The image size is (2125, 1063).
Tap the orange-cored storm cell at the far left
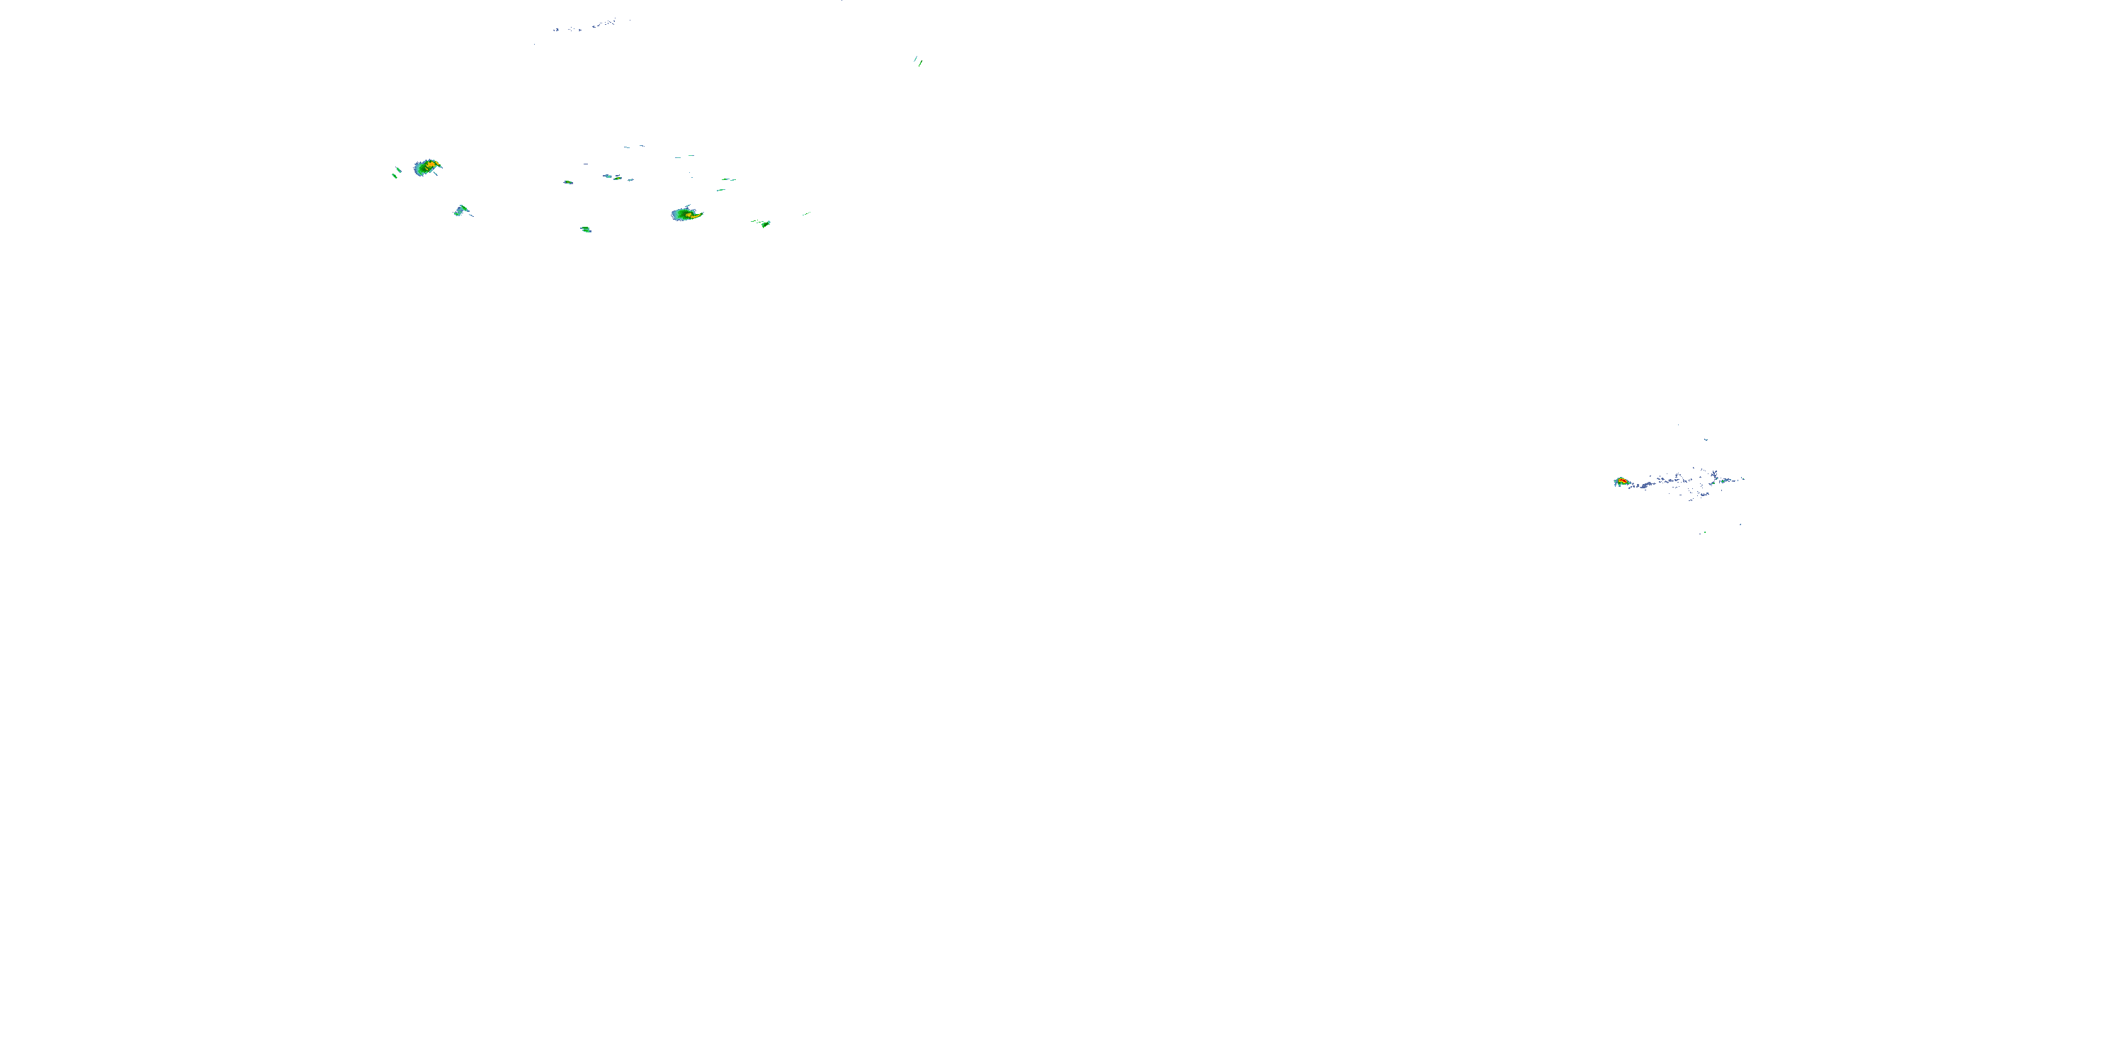[428, 167]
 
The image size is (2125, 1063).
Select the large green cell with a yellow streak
[686, 215]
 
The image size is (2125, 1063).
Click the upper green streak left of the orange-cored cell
[399, 170]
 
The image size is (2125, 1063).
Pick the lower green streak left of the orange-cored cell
[395, 175]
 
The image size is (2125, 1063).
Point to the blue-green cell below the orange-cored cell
[461, 211]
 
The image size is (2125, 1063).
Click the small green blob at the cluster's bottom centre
[586, 230]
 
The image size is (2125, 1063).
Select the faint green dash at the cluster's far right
[806, 214]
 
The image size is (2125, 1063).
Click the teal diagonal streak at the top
[915, 59]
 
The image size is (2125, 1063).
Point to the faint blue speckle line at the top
[586, 26]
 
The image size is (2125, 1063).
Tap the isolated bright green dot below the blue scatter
[1704, 532]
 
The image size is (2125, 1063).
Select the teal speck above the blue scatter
[1706, 440]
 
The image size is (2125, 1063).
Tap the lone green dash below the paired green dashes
[721, 190]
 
